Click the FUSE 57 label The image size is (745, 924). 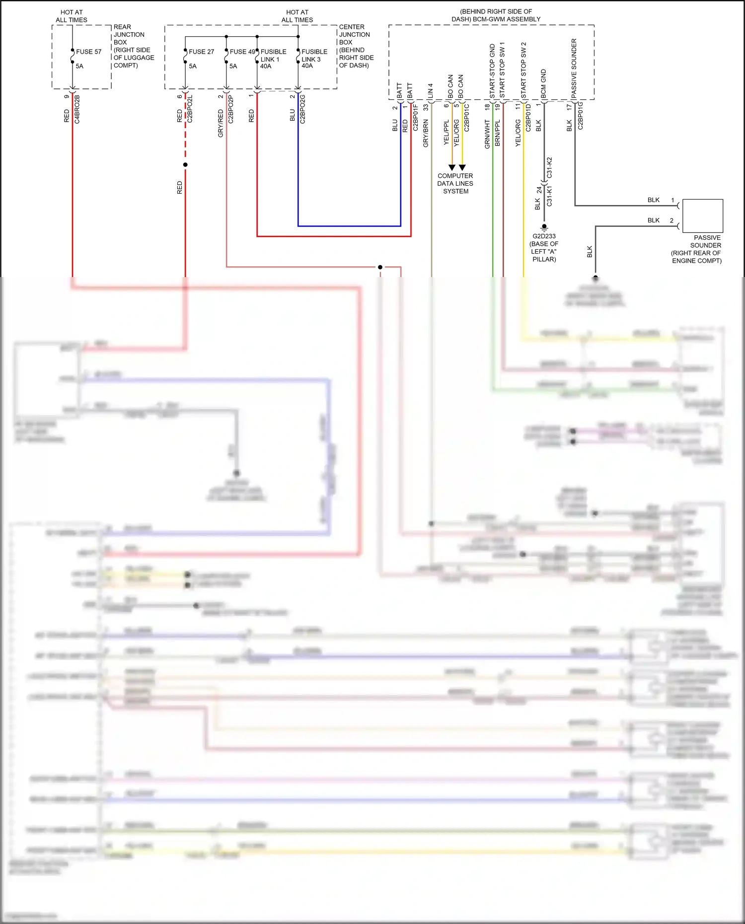pyautogui.click(x=88, y=52)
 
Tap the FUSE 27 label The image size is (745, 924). pyautogui.click(x=201, y=52)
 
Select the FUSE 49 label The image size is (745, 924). pyautogui.click(x=242, y=52)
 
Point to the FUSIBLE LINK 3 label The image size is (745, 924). pyautogui.click(x=314, y=58)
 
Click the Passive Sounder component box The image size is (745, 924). pyautogui.click(x=702, y=215)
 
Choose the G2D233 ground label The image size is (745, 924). pyautogui.click(x=544, y=236)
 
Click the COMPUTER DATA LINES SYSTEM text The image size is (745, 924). pyautogui.click(x=455, y=183)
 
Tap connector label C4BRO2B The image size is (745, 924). pyautogui.click(x=77, y=109)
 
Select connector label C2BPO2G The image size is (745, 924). pyautogui.click(x=302, y=109)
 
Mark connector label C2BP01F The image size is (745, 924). pyautogui.click(x=416, y=118)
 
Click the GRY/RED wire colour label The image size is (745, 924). pyautogui.click(x=221, y=124)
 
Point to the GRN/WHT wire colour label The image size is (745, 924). pyautogui.click(x=487, y=134)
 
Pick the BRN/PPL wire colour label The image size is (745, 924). pyautogui.click(x=498, y=133)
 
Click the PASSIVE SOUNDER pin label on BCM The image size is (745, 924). pyautogui.click(x=574, y=68)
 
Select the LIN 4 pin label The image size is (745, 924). pyautogui.click(x=430, y=90)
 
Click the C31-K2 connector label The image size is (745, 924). pyautogui.click(x=549, y=168)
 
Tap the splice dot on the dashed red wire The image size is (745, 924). pyautogui.click(x=185, y=165)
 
